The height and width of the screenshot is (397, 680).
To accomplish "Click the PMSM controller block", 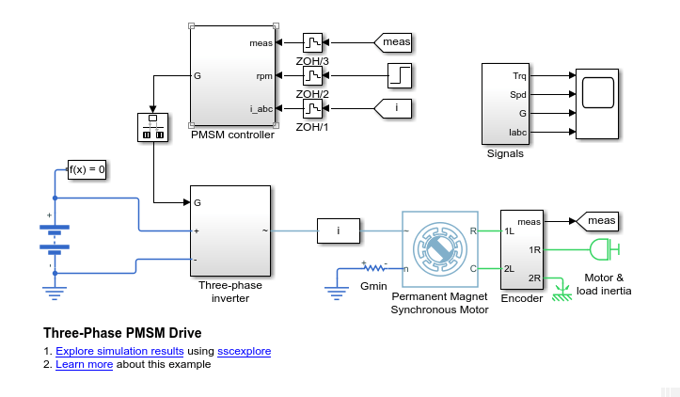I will tap(233, 75).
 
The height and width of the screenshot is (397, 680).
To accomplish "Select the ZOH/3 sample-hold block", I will tap(312, 42).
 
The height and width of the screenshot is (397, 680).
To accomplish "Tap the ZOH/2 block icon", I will tap(312, 75).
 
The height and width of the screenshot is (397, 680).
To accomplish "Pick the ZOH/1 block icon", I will tap(312, 108).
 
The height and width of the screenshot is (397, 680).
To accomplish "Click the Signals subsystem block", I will tap(506, 103).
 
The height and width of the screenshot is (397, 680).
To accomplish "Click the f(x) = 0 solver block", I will tap(87, 170).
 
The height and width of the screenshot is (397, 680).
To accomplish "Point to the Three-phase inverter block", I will tap(230, 230).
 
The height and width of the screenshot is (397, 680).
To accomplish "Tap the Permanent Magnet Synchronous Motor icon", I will tap(439, 248).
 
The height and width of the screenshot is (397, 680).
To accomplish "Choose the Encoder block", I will tap(522, 249).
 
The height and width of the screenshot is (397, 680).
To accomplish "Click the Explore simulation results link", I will tap(134, 351).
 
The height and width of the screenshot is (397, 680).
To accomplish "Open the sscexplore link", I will tap(244, 351).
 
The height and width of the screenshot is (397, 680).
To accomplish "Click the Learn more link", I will tap(85, 364).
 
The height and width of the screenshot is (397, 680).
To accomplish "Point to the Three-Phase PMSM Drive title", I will tap(122, 333).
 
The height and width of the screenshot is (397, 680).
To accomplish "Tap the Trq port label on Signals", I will tap(519, 75).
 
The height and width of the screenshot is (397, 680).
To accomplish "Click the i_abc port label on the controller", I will tap(261, 108).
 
